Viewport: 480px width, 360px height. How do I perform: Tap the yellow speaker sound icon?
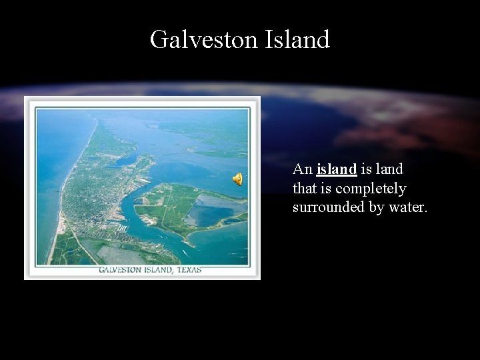pyautogui.click(x=237, y=178)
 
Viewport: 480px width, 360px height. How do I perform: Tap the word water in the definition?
pyautogui.click(x=405, y=207)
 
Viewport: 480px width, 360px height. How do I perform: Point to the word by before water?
pyautogui.click(x=375, y=207)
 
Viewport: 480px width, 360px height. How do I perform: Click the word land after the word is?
pyautogui.click(x=389, y=170)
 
